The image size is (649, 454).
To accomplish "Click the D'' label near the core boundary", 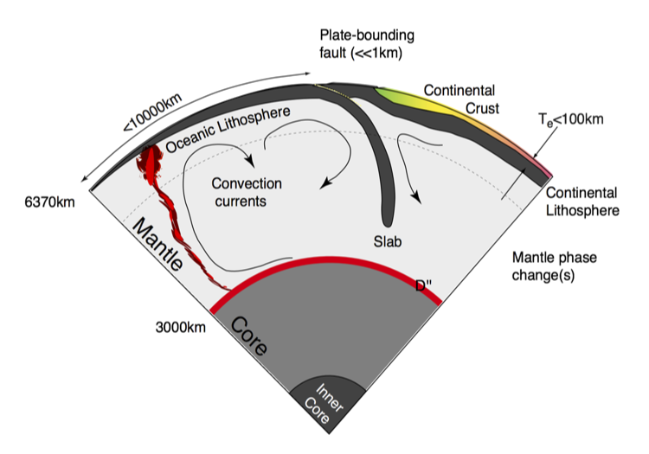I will point(424,287).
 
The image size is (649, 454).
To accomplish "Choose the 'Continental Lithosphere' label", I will point(582,201).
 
